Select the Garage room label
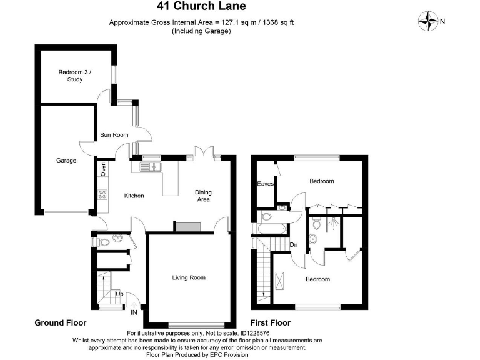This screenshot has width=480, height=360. coord(66,161)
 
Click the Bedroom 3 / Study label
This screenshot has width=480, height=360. coord(75,76)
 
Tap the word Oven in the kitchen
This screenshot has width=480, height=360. coord(103,169)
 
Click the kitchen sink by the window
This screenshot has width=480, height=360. coord(150,166)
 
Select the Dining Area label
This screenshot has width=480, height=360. coord(202,196)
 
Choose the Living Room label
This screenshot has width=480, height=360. coord(189,277)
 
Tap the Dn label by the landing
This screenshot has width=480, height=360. coord(293,244)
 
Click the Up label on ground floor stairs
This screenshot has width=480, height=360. coord(119,293)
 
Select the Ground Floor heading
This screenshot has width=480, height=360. coord(60,323)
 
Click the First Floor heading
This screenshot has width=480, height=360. coord(270,323)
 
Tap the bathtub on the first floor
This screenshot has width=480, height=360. coord(272,230)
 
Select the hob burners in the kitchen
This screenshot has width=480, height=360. coord(102,195)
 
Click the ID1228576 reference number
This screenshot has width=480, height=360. coord(248,334)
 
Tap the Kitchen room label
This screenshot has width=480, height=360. coord(134,196)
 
